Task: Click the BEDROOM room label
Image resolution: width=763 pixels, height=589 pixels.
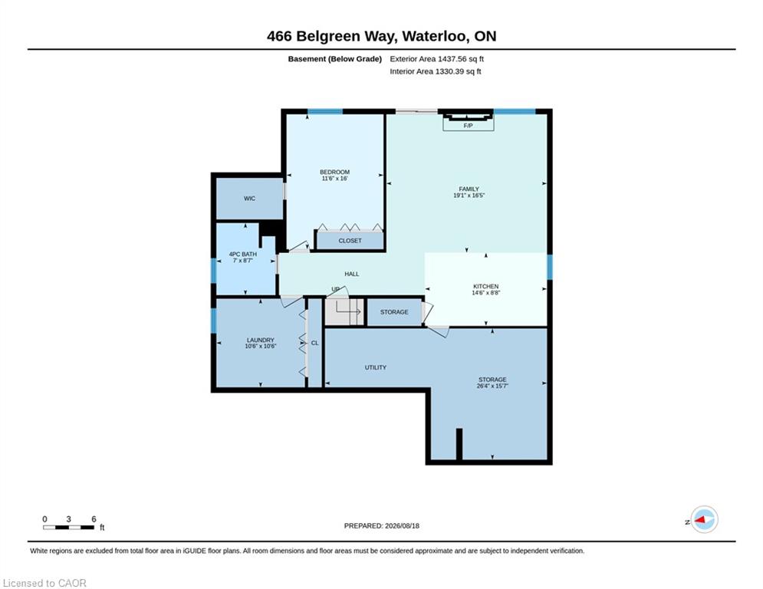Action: point(334,172)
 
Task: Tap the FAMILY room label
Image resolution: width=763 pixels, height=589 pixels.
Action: point(469,189)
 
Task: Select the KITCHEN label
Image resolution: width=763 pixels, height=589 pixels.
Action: point(485,286)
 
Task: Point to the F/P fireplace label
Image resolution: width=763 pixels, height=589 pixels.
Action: point(468,126)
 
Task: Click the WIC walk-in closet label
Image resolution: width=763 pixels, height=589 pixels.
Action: point(250,198)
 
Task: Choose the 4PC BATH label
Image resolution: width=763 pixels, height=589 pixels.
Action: point(243,254)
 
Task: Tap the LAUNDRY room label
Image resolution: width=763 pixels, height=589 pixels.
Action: point(260,340)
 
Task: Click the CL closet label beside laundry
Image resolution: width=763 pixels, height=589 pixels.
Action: point(315,343)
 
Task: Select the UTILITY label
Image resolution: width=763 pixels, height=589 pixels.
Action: point(376,367)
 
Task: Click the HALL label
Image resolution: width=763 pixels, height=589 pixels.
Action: point(352,274)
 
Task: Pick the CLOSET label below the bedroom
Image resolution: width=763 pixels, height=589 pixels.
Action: point(350,241)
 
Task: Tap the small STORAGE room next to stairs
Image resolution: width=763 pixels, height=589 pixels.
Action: point(394,312)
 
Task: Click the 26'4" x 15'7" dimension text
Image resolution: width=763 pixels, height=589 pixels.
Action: point(492,386)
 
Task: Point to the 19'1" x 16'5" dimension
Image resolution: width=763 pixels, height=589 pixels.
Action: point(469,196)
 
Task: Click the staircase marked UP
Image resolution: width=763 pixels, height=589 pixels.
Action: point(344,311)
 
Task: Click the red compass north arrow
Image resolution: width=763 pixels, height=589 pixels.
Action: point(701,521)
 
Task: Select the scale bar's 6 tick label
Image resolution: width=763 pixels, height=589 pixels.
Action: point(94,519)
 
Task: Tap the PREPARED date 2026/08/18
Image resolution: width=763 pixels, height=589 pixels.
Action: point(402,525)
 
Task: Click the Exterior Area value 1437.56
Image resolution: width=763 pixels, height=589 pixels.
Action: point(452,59)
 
